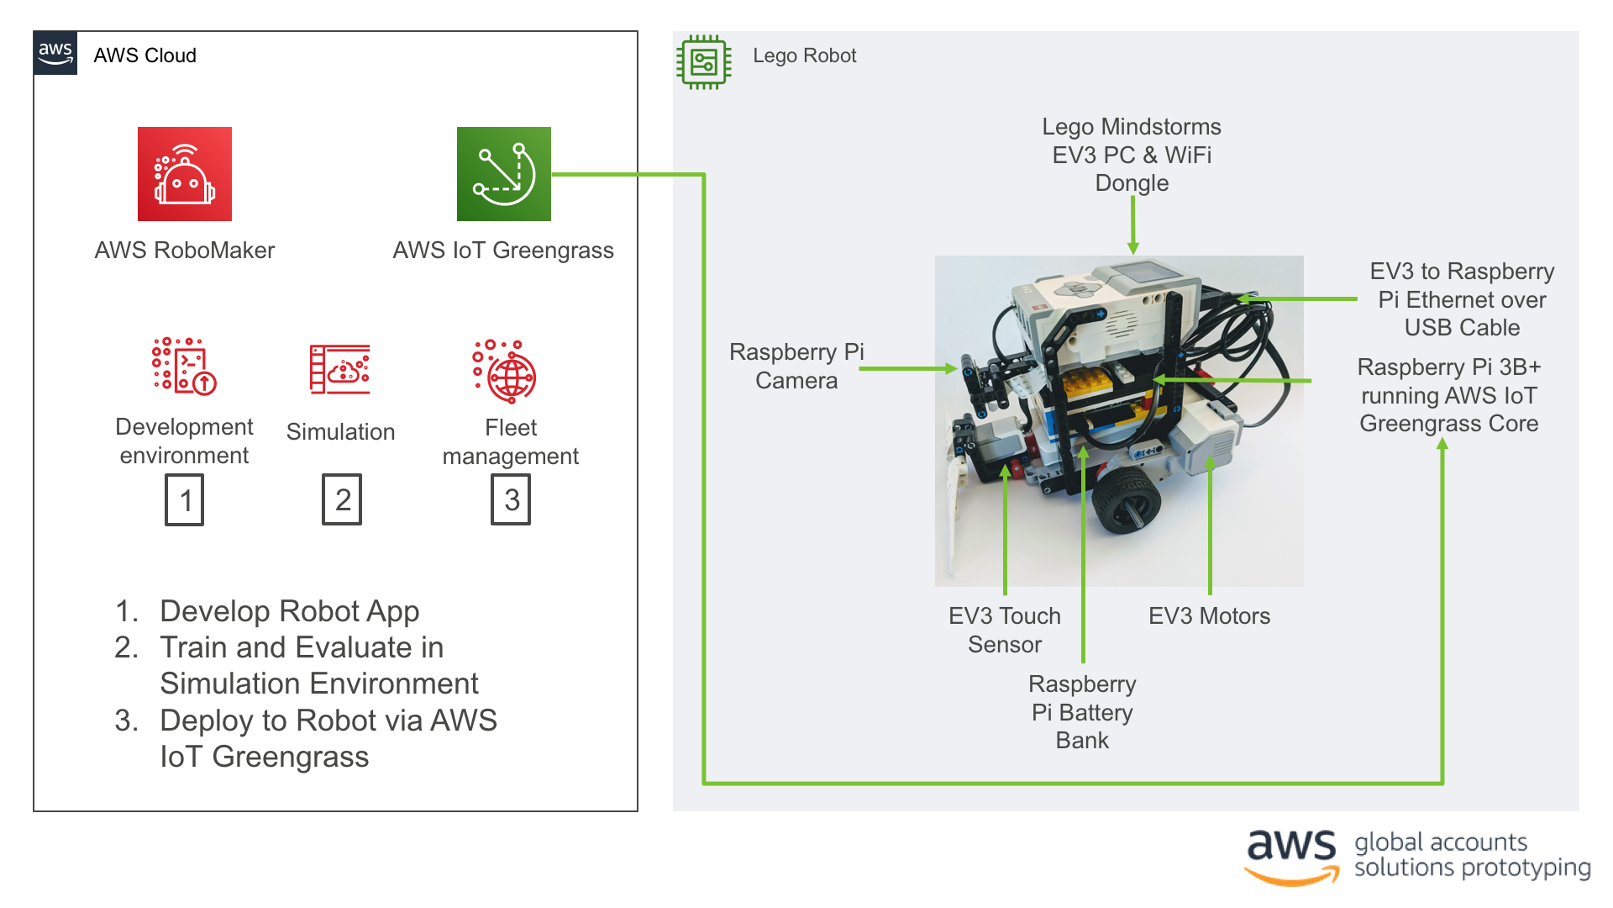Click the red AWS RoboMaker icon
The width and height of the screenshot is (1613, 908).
pyautogui.click(x=185, y=174)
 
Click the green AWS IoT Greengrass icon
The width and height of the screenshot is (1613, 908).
pyautogui.click(x=504, y=174)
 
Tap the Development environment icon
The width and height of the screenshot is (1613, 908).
pyautogui.click(x=184, y=367)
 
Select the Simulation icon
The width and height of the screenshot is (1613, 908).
pyautogui.click(x=340, y=369)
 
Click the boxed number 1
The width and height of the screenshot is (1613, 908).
pyautogui.click(x=185, y=500)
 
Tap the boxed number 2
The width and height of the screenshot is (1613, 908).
pyautogui.click(x=342, y=499)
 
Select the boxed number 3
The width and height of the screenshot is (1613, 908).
pyautogui.click(x=511, y=499)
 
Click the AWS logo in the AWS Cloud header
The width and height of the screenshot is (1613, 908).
pyautogui.click(x=55, y=53)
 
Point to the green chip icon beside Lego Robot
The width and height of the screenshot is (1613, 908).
pyautogui.click(x=704, y=62)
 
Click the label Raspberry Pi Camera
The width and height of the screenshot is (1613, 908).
pyautogui.click(x=796, y=366)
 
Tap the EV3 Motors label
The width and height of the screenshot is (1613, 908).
pyautogui.click(x=1209, y=616)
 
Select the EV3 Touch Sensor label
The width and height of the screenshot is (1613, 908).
pyautogui.click(x=1005, y=630)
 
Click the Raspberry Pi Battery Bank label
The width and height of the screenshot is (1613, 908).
pyautogui.click(x=1082, y=712)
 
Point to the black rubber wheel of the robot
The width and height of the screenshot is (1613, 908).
pyautogui.click(x=1126, y=499)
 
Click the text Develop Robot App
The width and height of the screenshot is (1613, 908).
pyautogui.click(x=289, y=611)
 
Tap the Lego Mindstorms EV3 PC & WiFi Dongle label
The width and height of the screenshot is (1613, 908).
pyautogui.click(x=1132, y=155)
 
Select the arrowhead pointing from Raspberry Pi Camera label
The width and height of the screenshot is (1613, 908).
pyautogui.click(x=951, y=368)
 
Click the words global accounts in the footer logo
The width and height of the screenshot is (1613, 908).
pyautogui.click(x=1440, y=842)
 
